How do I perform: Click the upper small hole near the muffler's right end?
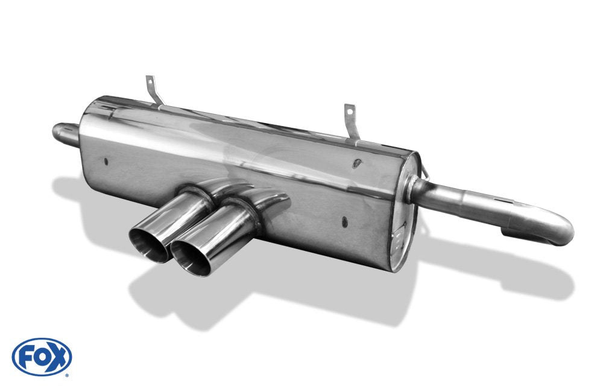click(x=357, y=163)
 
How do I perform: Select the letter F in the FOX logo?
click(x=28, y=356)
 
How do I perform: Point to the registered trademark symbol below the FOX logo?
click(x=66, y=375)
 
